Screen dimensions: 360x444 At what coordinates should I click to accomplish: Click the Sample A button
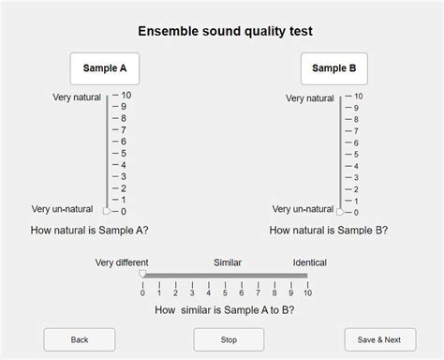click(105, 68)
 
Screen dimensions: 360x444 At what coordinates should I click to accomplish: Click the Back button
click(80, 339)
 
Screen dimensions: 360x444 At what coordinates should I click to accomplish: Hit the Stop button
click(229, 339)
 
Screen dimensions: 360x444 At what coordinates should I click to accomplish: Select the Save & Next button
click(378, 339)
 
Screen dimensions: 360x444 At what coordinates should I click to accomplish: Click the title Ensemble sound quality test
click(225, 31)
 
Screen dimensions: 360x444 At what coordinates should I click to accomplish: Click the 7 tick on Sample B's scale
click(348, 131)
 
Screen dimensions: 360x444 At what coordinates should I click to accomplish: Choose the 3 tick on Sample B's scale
click(348, 177)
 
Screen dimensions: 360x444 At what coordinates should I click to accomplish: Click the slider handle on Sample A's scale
click(106, 211)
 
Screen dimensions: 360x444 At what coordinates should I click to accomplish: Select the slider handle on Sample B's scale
click(341, 211)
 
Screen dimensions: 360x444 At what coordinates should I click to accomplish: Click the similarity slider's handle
click(142, 275)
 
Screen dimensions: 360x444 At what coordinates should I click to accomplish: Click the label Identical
click(309, 262)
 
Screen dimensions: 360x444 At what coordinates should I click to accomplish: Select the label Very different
click(122, 262)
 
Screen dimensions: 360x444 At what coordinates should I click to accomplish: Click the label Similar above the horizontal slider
click(228, 262)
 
